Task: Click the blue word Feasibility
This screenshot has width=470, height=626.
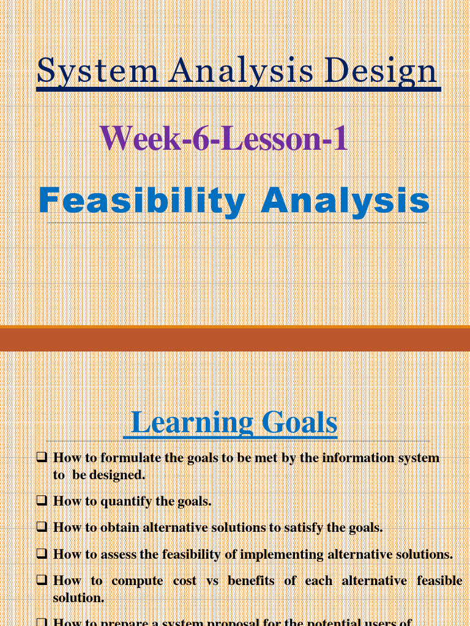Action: click(141, 202)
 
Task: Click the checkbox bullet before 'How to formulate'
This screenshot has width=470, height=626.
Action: click(42, 457)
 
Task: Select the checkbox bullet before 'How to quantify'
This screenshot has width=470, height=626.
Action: click(42, 501)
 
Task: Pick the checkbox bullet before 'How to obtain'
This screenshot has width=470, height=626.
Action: click(42, 527)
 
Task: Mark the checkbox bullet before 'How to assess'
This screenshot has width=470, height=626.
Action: click(42, 554)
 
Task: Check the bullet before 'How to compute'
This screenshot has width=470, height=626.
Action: click(42, 580)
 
